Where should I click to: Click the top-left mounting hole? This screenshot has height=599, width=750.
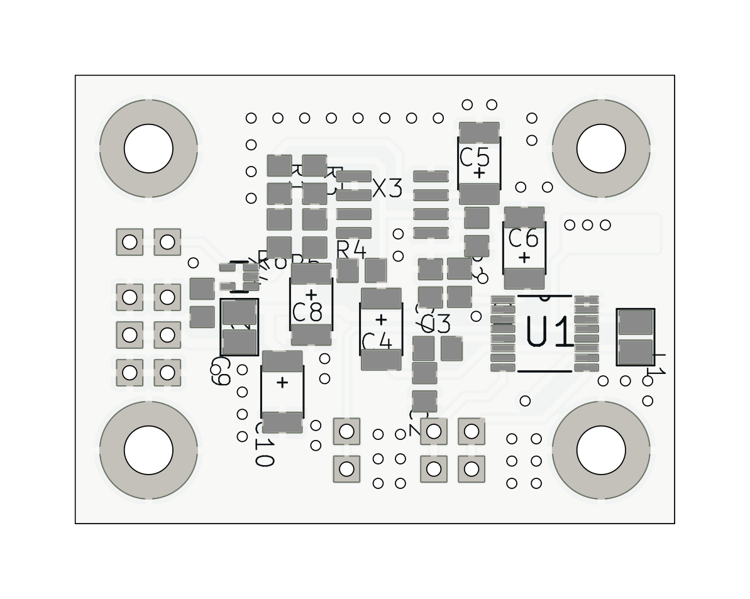[148, 148]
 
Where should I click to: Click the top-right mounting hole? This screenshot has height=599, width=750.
[601, 148]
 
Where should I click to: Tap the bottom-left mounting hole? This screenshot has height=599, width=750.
[148, 450]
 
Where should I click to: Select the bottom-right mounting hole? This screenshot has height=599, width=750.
[601, 450]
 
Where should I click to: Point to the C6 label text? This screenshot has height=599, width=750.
[523, 239]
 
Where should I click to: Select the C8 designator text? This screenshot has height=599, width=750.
[307, 312]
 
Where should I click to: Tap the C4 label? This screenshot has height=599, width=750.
[377, 342]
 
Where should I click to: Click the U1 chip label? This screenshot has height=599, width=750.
[549, 332]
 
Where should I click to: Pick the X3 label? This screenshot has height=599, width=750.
[387, 189]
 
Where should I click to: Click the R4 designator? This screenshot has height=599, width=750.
[351, 250]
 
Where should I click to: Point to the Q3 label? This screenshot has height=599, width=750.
[436, 324]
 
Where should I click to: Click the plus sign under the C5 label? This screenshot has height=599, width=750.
[479, 172]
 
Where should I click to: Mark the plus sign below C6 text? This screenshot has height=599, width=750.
[524, 257]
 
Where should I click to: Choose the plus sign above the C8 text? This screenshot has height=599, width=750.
[311, 295]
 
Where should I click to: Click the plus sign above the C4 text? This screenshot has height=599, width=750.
[380, 320]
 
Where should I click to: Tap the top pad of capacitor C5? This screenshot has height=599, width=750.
[479, 133]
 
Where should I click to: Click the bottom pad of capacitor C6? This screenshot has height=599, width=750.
[524, 278]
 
